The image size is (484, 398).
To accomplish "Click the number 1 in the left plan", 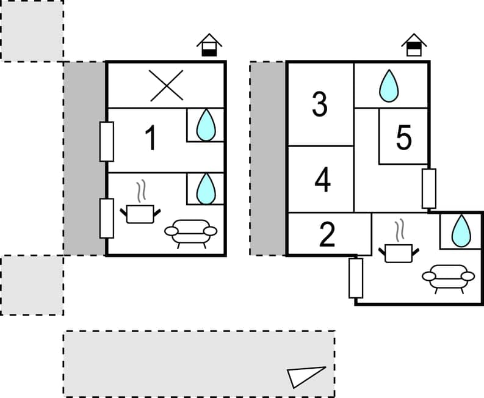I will [151, 138].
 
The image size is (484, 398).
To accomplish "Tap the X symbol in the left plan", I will [167, 85].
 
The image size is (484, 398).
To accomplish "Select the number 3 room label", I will [320, 105].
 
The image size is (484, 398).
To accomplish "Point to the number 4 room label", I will [323, 181].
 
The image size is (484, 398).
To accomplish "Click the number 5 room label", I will [403, 138].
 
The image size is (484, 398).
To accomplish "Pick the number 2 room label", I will [328, 236].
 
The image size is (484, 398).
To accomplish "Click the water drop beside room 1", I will [206, 125].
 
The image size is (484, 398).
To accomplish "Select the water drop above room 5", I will [388, 85].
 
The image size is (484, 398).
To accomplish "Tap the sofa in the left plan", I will [191, 233].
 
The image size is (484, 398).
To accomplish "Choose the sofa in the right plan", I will [449, 278].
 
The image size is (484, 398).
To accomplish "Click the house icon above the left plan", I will [209, 46].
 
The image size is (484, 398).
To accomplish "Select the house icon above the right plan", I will [414, 46].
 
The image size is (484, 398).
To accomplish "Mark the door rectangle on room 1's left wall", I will [106, 142].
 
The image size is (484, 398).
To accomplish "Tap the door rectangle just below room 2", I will [356, 278].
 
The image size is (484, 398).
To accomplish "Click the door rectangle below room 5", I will [429, 188].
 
